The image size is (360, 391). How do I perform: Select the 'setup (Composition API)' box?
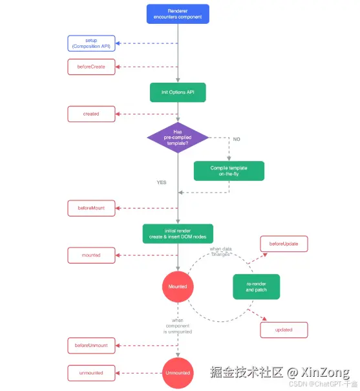(91, 43)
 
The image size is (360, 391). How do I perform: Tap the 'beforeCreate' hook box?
(91, 66)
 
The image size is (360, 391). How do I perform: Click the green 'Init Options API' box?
(178, 92)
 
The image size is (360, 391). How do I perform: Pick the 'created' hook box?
(91, 114)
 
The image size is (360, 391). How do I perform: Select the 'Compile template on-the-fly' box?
(229, 171)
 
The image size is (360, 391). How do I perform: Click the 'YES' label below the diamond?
(162, 182)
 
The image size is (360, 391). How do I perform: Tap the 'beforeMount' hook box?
(91, 208)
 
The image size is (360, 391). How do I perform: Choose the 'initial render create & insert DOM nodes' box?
(178, 234)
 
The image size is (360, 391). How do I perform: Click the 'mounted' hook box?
(91, 255)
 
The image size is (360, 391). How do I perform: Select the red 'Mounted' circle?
(178, 286)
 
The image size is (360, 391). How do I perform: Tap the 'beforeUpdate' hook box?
(284, 244)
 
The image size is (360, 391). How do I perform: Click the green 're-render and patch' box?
(256, 286)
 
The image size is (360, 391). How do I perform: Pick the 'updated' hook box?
(284, 330)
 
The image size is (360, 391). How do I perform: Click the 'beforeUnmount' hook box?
(91, 346)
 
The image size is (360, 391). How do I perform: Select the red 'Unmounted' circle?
(178, 373)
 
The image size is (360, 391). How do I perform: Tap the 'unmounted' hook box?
(91, 373)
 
